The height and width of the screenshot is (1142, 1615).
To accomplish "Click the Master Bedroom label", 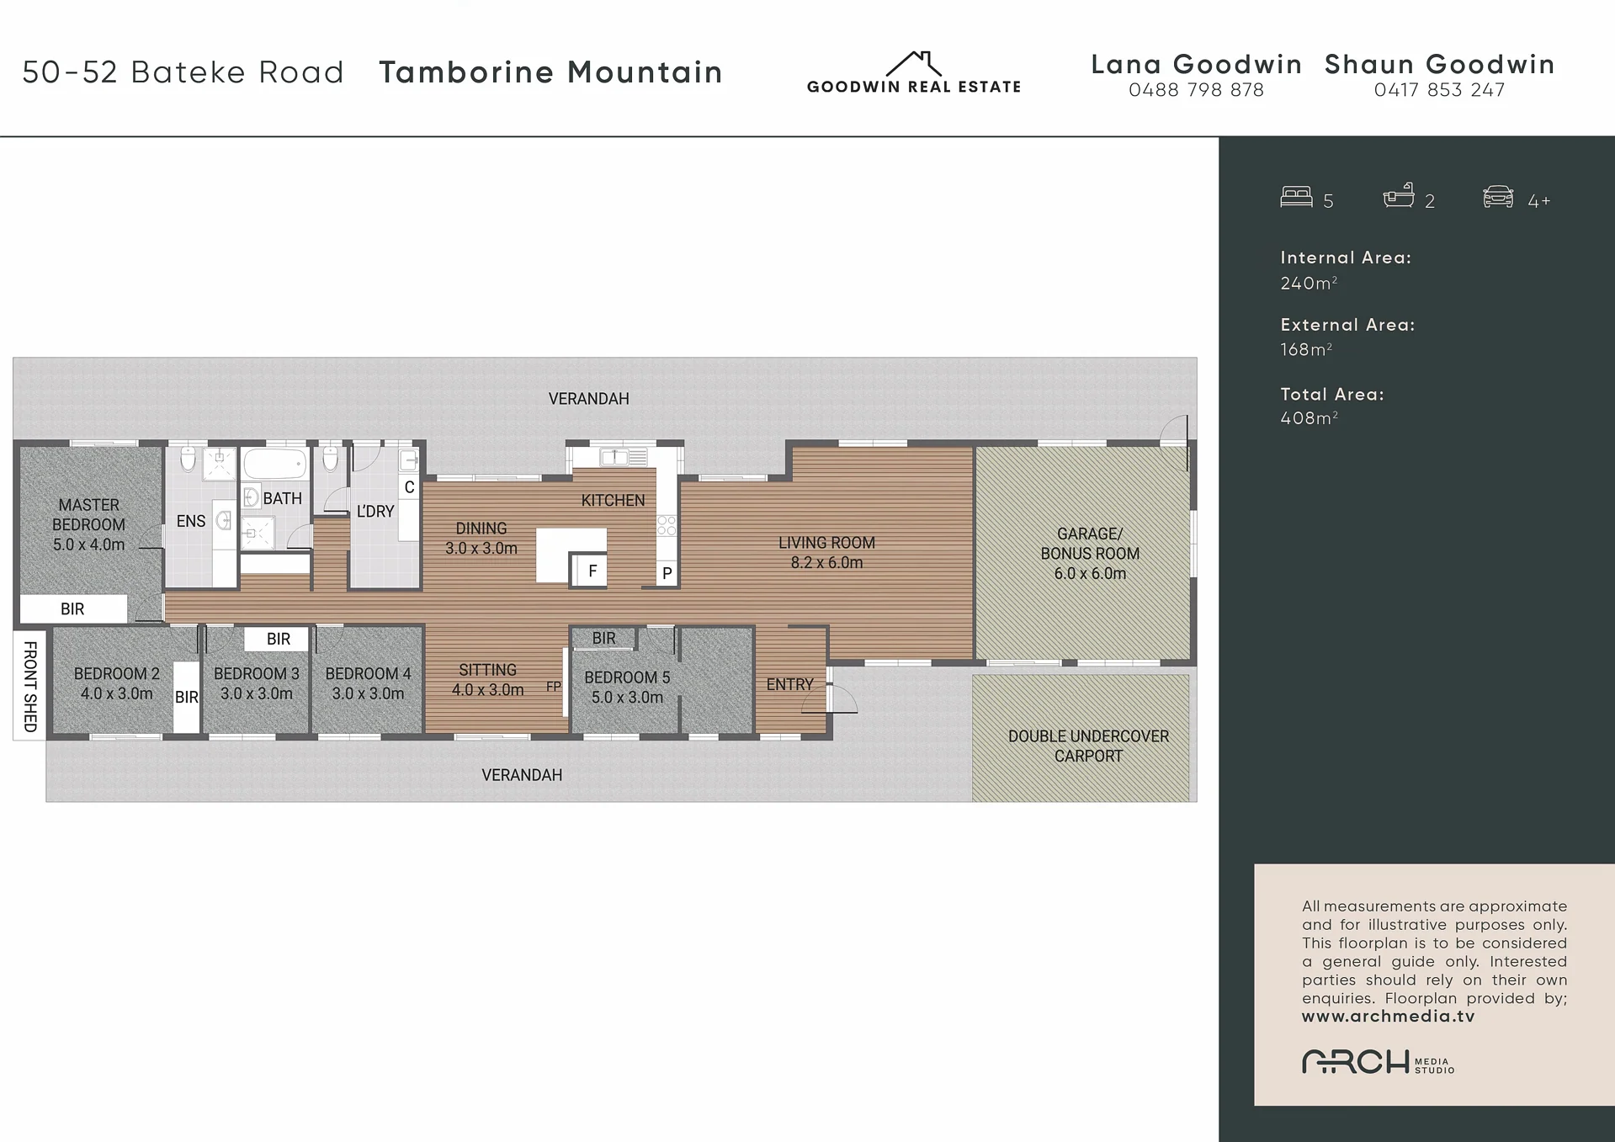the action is tap(88, 524).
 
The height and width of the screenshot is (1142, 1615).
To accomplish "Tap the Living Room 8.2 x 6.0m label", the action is tap(826, 553).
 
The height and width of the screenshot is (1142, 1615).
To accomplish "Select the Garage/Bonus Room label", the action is tap(1090, 554).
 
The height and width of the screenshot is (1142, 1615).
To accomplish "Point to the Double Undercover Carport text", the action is tap(1088, 746).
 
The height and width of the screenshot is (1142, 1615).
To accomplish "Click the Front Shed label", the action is tap(30, 687).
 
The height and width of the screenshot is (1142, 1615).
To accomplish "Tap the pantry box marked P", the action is tap(667, 573).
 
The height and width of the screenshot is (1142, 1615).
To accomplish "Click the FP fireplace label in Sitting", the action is tap(553, 687).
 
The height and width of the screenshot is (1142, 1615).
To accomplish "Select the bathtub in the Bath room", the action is tap(275, 464).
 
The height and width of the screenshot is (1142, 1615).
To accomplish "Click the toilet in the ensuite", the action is tap(189, 458).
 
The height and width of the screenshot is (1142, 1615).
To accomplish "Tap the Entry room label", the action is tap(789, 685).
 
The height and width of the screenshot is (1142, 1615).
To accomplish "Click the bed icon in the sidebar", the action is tap(1296, 197).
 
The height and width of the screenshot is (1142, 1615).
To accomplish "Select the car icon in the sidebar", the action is tap(1498, 197).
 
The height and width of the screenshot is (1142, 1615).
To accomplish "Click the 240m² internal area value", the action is tap(1309, 283).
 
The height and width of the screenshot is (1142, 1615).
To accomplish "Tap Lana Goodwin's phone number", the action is tap(1196, 90).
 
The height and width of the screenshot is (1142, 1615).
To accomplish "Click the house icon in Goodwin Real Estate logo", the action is tap(914, 64).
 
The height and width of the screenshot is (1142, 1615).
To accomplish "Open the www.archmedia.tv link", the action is tap(1388, 1017).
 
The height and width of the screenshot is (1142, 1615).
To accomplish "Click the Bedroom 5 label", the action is tap(627, 687).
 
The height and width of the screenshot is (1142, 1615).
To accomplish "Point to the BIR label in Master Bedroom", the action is tap(72, 609).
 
